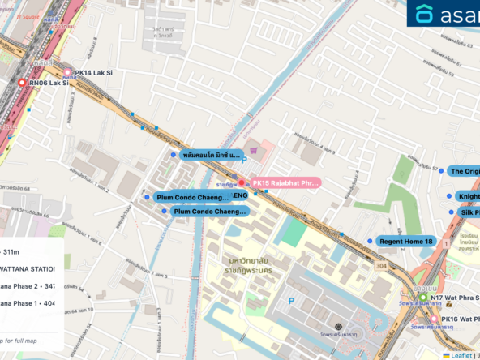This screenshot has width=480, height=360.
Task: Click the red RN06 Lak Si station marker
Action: (x=22, y=82)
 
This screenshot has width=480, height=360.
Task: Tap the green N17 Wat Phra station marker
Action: (x=422, y=298)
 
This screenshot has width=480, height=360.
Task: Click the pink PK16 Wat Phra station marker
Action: (x=434, y=319)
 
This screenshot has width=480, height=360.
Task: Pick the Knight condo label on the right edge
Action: (x=469, y=196)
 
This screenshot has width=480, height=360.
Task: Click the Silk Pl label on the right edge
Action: (x=469, y=212)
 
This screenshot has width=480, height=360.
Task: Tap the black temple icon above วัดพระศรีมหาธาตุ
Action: (x=338, y=326)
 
